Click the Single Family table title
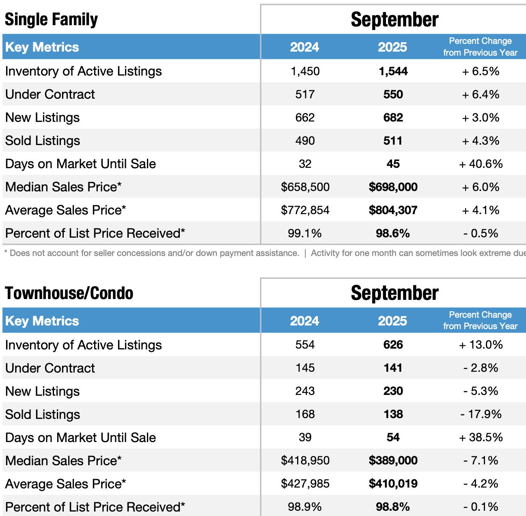[51, 20]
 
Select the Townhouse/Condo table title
[69, 293]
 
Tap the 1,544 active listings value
[393, 72]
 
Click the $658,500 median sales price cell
[305, 187]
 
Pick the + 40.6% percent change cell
[481, 164]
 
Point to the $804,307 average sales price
[393, 210]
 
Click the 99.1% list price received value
[305, 234]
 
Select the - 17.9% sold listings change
[481, 414]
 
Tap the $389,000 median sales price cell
[393, 461]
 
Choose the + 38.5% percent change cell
[481, 438]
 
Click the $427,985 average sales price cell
[305, 484]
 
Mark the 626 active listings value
[393, 345]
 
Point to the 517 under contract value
[305, 95]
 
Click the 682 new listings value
[393, 118]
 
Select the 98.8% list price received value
[393, 507]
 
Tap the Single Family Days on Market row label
[80, 164]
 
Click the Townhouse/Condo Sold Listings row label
[43, 414]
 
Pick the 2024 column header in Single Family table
[304, 47]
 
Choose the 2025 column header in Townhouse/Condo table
[392, 321]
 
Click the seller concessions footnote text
[151, 253]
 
